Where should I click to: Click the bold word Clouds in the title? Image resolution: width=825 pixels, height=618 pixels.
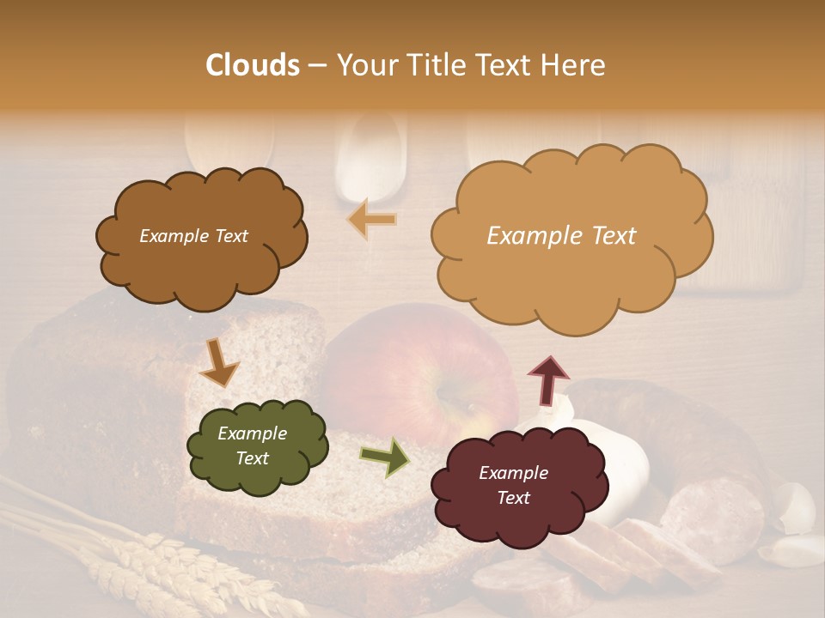point(253,65)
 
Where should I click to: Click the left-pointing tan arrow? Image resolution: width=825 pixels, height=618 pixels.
point(372,220)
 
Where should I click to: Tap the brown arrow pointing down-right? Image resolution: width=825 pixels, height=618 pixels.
point(220,364)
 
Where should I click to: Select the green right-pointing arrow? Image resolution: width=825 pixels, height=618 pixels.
point(384,457)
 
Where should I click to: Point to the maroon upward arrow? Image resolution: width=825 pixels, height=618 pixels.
point(548,380)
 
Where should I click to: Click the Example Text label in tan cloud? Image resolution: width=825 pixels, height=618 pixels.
point(561,236)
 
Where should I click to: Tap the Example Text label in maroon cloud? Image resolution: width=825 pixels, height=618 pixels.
point(513,485)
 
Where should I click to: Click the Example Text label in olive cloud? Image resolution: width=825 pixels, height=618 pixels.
point(252,446)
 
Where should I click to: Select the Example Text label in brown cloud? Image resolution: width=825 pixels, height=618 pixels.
point(193,236)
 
